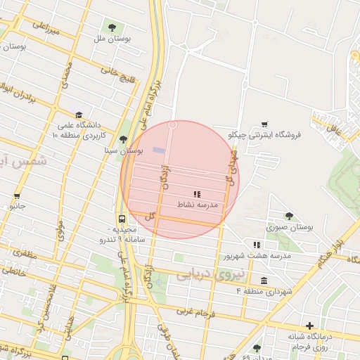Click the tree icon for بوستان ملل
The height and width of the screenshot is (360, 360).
[112, 28]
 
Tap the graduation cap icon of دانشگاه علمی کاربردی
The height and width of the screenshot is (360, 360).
[79, 115]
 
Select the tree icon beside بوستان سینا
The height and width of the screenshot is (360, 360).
[124, 140]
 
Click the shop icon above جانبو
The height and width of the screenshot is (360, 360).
[17, 196]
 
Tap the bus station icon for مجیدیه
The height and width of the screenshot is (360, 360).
[122, 219]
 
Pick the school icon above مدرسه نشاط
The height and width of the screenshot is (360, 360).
[196, 193]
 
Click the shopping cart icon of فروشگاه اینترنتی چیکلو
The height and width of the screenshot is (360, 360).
[264, 124]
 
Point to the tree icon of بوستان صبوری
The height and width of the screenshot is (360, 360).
[289, 216]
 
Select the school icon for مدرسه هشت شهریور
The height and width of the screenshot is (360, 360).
[257, 245]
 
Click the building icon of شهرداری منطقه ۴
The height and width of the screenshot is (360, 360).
[264, 281]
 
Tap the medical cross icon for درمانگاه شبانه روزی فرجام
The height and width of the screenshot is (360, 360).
[309, 326]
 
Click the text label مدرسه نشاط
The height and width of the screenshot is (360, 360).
[197, 204]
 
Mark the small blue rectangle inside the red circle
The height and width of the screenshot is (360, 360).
[159, 150]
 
